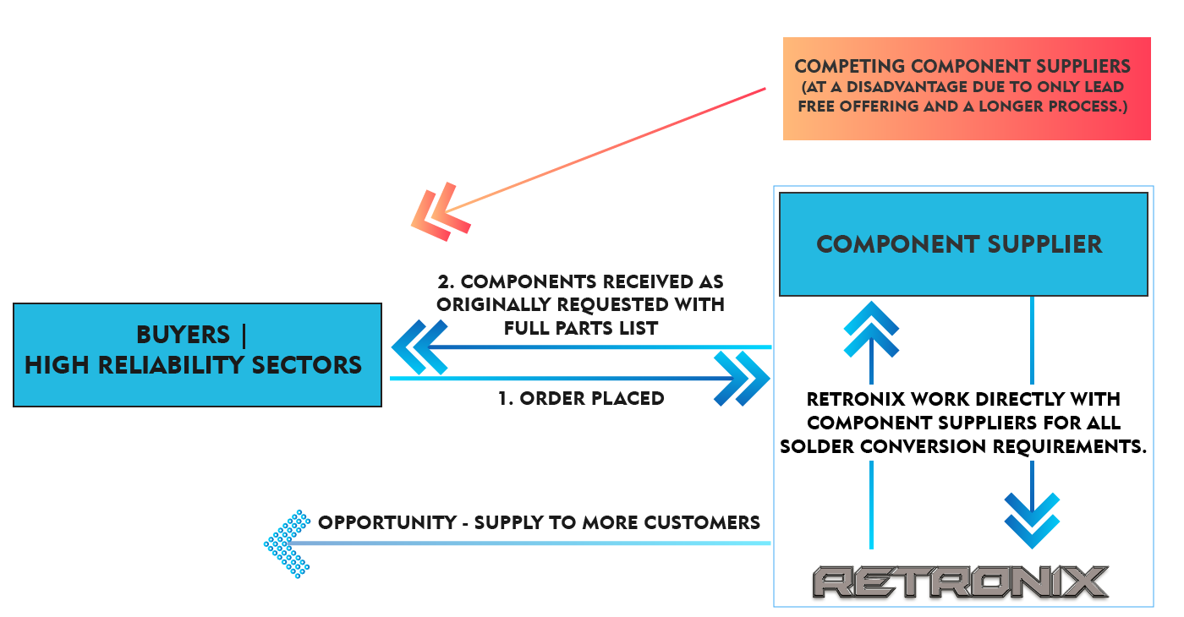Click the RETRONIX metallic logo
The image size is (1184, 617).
pyautogui.click(x=961, y=582)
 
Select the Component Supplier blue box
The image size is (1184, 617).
pyautogui.click(x=962, y=244)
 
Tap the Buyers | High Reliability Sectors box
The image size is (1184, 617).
pyautogui.click(x=197, y=353)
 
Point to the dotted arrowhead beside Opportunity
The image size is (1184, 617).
pyautogui.click(x=287, y=544)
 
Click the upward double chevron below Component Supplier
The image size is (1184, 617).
pyautogui.click(x=871, y=330)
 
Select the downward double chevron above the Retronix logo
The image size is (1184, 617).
pyautogui.click(x=1032, y=519)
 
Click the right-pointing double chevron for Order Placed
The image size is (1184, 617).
pyautogui.click(x=742, y=379)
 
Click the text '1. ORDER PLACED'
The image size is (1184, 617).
pyautogui.click(x=581, y=398)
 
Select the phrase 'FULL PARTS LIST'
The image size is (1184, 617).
pyautogui.click(x=581, y=329)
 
